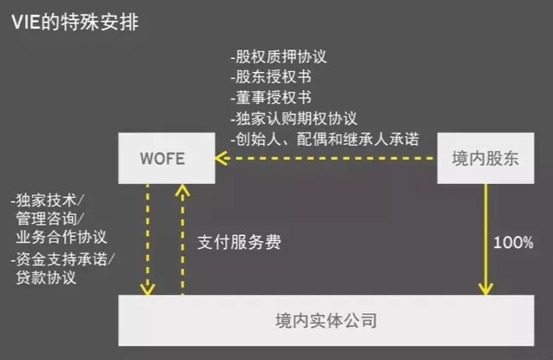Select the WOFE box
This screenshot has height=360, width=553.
[x=164, y=158]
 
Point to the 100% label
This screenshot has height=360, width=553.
[x=513, y=243]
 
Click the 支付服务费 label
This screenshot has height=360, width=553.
[x=239, y=243]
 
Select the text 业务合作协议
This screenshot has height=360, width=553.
[x=61, y=237]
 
